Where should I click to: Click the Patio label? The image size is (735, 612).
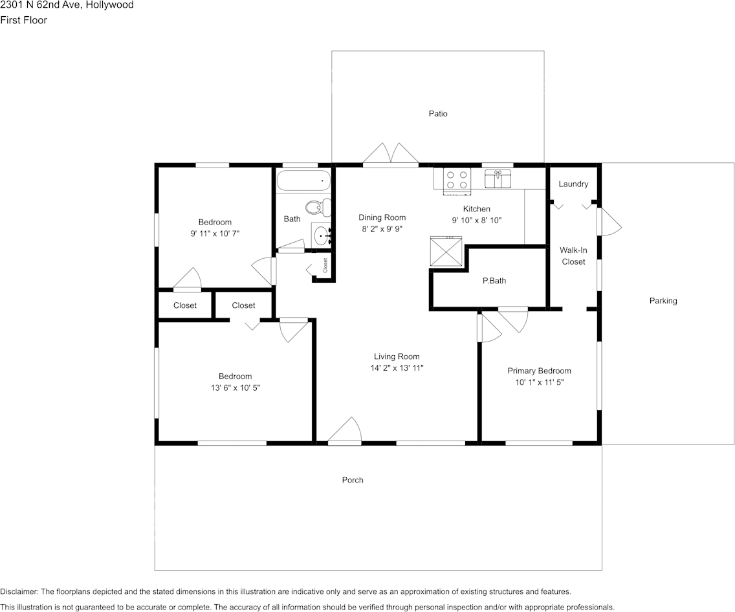438,114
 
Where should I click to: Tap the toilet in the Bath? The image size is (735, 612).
315,208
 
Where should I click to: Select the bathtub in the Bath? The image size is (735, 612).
303,180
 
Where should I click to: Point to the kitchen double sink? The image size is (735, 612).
498,179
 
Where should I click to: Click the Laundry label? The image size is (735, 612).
573,184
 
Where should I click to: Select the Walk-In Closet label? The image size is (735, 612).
573,256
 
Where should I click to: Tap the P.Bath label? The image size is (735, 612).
494,281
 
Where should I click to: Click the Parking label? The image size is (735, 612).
663,301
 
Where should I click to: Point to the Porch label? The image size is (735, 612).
353,480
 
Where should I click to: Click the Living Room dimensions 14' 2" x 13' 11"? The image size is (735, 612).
397,368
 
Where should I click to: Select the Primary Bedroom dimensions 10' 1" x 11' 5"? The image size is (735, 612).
539,382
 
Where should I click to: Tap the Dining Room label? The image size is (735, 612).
382,217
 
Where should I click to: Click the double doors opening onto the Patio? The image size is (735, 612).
390,155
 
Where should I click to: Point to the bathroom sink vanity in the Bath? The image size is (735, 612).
322,234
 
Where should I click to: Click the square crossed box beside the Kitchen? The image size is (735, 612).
446,252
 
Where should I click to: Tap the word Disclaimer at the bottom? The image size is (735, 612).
19,592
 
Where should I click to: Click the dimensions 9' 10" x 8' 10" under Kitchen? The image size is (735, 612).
477,220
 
